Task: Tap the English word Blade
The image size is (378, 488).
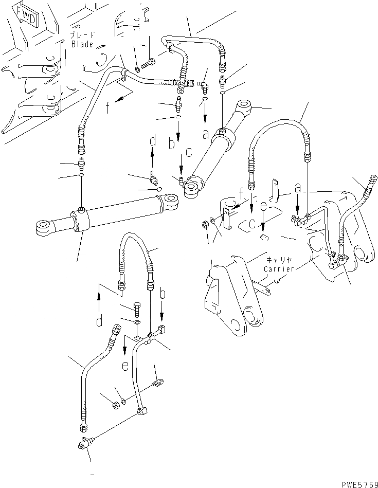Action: [82, 44]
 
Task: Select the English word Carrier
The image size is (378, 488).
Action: [279, 268]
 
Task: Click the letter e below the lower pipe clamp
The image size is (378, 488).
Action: [125, 366]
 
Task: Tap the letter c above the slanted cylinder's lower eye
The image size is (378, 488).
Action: [189, 152]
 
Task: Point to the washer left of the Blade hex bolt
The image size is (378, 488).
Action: [137, 69]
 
